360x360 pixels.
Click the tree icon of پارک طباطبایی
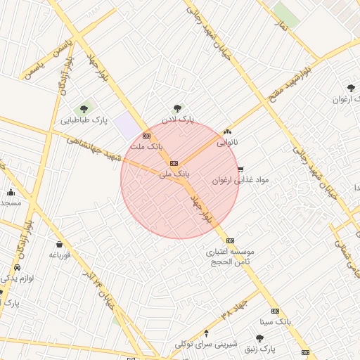pos(84,108)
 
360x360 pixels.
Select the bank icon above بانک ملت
pos(146,136)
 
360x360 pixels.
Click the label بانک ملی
pos(174,173)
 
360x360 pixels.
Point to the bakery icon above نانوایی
pos(226,131)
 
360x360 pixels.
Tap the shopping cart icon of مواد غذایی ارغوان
pos(240,169)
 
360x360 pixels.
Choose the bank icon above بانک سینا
pos(275,311)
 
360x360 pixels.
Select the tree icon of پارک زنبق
pos(259,338)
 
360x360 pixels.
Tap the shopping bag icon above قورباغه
pos(58,244)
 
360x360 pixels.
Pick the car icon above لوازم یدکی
pos(16,269)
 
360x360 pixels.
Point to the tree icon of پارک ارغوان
pos(350,88)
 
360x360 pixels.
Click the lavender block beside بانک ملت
pos(127,124)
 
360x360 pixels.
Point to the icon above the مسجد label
pos(11,192)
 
